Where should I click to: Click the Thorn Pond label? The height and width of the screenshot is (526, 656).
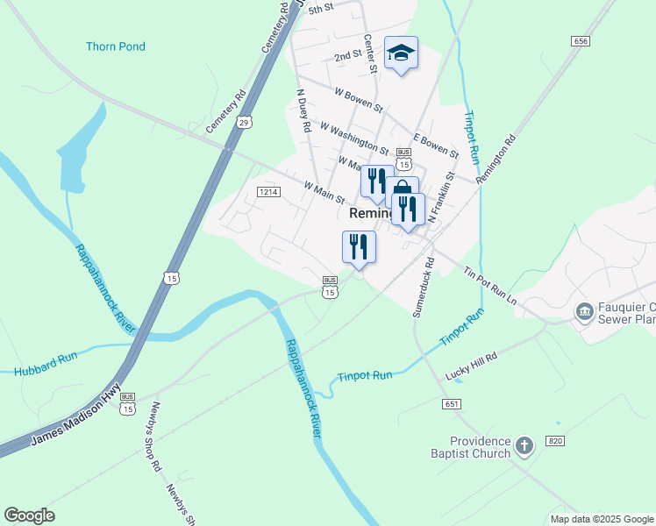coord(116,46)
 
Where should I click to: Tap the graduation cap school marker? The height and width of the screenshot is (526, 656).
coord(401,53)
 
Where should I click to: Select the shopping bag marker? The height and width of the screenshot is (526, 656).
coord(402,188)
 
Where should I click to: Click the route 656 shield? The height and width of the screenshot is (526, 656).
coord(580,41)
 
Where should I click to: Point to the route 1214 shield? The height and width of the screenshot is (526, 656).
coord(268,191)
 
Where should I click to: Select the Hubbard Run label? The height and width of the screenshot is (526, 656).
coord(46,359)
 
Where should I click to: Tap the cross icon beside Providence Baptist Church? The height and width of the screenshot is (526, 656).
coord(524,446)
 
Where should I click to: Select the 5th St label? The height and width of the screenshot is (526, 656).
coord(323,8)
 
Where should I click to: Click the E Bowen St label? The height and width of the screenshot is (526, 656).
coord(436,145)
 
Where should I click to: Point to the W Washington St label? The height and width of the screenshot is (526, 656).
coord(354,139)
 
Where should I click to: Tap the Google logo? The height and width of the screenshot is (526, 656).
coord(29,515)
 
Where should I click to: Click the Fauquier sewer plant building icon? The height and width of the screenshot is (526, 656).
coord(585,311)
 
